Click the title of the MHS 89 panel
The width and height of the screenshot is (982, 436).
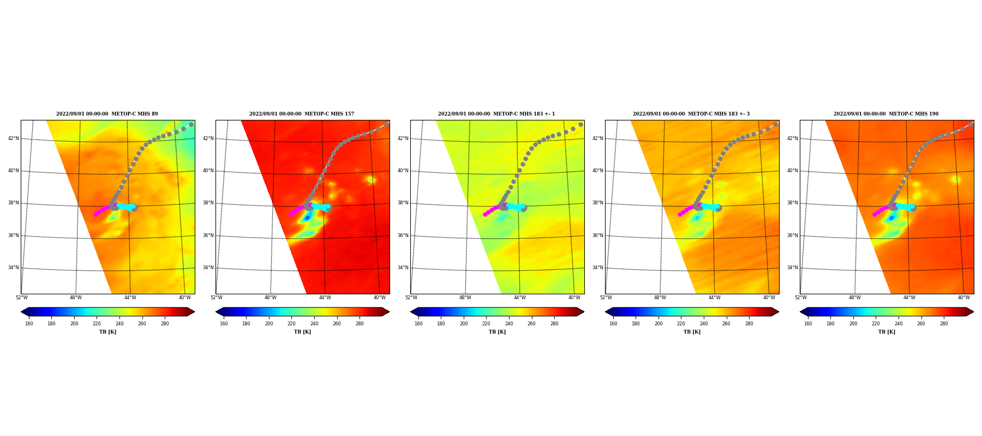tap(107, 114)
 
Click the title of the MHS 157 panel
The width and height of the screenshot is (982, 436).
tap(302, 114)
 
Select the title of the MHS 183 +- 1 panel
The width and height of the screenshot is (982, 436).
tap(496, 114)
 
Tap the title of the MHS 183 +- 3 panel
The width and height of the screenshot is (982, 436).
tap(691, 114)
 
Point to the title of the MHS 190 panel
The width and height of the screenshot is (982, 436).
tap(886, 114)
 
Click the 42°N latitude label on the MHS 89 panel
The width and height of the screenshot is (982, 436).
tap(14, 138)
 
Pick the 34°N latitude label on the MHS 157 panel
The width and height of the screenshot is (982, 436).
tap(208, 268)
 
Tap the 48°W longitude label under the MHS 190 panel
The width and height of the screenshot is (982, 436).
tap(855, 298)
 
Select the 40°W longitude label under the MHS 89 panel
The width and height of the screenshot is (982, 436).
tap(185, 298)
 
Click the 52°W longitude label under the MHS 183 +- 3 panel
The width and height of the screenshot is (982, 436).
tap(606, 298)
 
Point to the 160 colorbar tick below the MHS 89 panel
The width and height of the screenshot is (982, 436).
tap(29, 324)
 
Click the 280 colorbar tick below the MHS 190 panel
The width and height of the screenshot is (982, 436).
tap(944, 324)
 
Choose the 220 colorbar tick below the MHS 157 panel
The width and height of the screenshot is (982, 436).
tap(291, 324)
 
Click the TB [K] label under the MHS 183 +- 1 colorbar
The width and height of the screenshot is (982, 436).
tap(497, 332)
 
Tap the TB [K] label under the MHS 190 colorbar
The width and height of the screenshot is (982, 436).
tap(887, 332)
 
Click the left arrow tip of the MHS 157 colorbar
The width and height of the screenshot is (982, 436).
tap(216, 312)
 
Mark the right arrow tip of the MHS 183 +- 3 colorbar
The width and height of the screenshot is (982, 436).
tap(779, 312)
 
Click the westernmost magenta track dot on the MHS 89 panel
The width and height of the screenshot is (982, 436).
tap(95, 214)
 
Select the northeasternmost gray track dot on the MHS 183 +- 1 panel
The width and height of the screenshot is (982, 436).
tap(580, 125)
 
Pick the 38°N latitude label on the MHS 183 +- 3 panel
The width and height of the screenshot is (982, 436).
tap(598, 203)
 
